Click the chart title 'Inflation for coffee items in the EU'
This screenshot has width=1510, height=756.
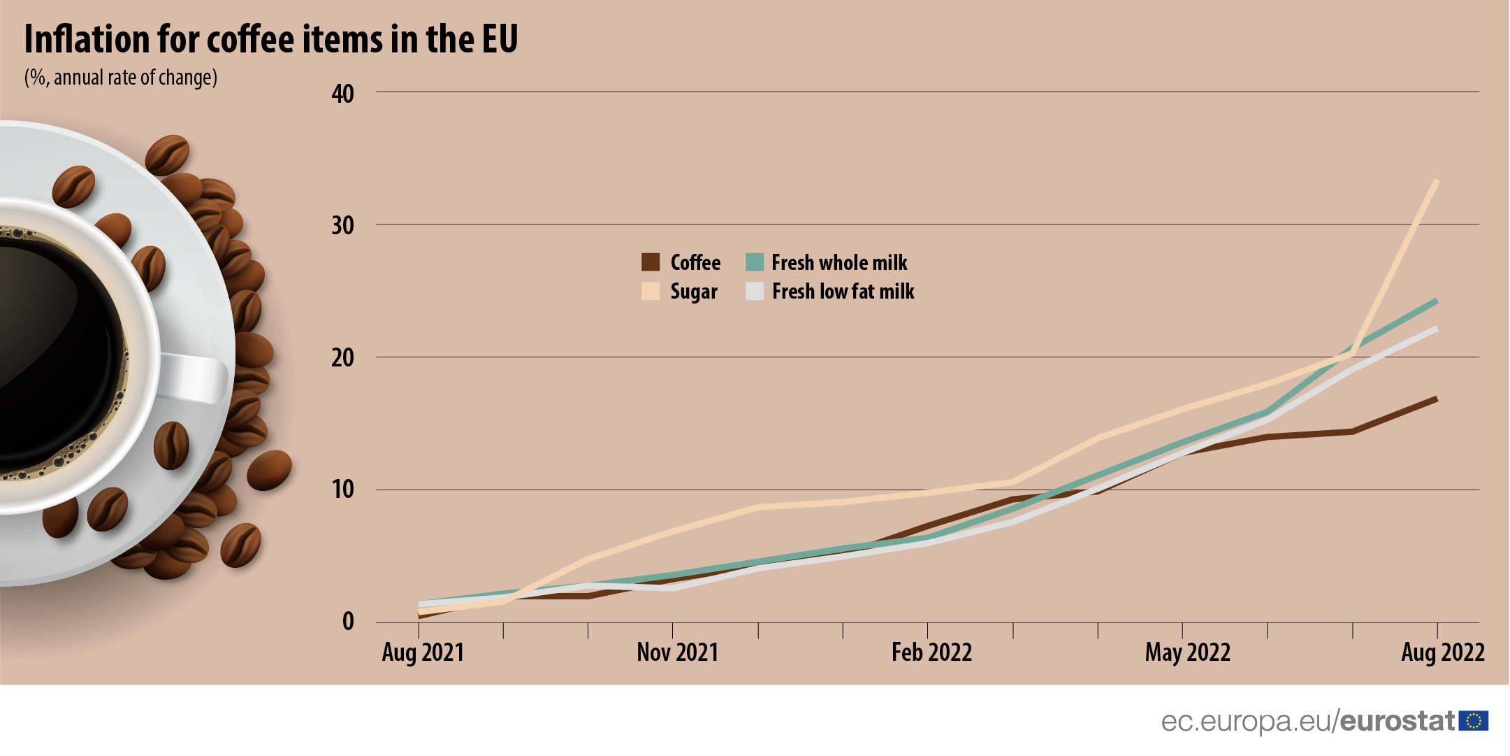coord(271,39)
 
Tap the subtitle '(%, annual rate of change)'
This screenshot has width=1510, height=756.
coord(121,77)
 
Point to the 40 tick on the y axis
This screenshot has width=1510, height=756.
coord(343,94)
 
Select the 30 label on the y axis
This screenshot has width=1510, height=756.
coord(343,226)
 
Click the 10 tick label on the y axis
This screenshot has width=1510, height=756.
coord(343,490)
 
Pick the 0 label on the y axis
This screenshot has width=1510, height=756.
coord(348,621)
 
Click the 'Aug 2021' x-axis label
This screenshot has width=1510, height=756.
coord(423,652)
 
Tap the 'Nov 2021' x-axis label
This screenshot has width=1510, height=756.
coord(677,652)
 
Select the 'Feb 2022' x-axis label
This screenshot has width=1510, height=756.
coord(931,652)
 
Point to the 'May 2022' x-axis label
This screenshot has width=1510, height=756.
coord(1187,652)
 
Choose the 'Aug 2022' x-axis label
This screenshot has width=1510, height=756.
coord(1442,652)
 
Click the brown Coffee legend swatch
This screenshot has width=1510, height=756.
coord(651,262)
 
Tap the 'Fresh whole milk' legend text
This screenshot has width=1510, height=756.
coord(839,263)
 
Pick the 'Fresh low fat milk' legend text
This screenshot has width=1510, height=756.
coord(843,291)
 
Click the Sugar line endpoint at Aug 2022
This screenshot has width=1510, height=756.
coord(1436,180)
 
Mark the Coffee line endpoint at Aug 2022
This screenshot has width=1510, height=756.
coord(1436,399)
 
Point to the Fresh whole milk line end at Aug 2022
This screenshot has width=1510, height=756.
coord(1436,301)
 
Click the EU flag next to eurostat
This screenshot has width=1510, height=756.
coord(1473,721)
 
